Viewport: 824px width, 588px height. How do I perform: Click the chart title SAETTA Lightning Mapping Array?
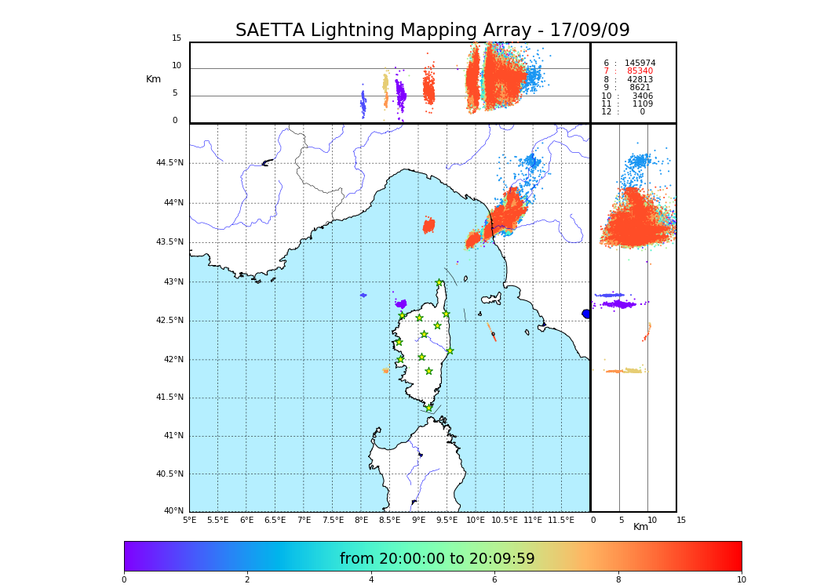pyautogui.click(x=432, y=31)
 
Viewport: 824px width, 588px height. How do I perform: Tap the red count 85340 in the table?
pyautogui.click(x=640, y=71)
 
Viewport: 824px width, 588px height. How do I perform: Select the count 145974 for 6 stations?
pyautogui.click(x=640, y=64)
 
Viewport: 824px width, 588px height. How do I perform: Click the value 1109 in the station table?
pyautogui.click(x=642, y=104)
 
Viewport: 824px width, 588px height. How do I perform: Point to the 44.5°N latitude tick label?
pyautogui.click(x=169, y=163)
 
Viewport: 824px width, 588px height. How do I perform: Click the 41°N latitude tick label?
pyautogui.click(x=173, y=436)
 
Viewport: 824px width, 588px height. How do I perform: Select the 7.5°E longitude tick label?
pyautogui.click(x=333, y=520)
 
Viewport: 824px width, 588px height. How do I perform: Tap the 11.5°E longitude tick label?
pyautogui.click(x=562, y=520)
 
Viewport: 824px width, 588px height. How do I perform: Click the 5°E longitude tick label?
pyautogui.click(x=189, y=520)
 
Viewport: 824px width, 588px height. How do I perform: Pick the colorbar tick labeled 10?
pyautogui.click(x=741, y=580)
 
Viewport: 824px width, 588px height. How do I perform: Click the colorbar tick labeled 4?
pyautogui.click(x=371, y=580)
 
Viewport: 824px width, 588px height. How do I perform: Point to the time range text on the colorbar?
pyautogui.click(x=437, y=559)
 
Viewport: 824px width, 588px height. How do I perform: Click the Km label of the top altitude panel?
pyautogui.click(x=153, y=79)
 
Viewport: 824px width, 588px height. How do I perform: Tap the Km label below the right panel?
pyautogui.click(x=640, y=527)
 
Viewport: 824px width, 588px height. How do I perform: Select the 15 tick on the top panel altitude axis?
pyautogui.click(x=177, y=38)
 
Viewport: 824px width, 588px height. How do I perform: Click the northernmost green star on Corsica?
pyautogui.click(x=439, y=283)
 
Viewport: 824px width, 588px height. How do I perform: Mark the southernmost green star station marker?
pyautogui.click(x=428, y=408)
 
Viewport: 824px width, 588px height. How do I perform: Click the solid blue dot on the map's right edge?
pyautogui.click(x=586, y=314)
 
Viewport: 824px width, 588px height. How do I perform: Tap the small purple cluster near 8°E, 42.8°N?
pyautogui.click(x=363, y=296)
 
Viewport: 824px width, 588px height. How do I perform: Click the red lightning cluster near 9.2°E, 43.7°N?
pyautogui.click(x=428, y=226)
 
